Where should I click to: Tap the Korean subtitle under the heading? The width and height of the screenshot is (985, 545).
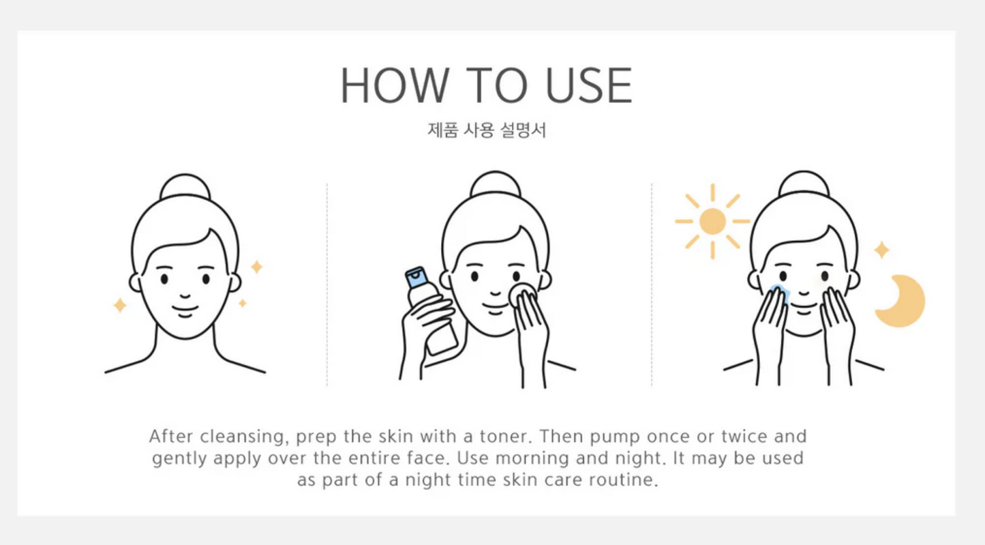click(487, 130)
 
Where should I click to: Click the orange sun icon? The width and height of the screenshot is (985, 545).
click(712, 222)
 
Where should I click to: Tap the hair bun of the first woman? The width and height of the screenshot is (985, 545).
click(185, 186)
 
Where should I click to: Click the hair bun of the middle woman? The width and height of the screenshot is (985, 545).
click(496, 184)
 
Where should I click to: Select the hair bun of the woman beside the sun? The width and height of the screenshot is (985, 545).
click(804, 184)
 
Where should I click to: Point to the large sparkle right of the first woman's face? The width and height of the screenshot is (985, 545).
click(257, 267)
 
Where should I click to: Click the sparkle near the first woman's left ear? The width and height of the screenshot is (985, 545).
click(120, 305)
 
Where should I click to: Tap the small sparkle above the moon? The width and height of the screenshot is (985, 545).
click(881, 250)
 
